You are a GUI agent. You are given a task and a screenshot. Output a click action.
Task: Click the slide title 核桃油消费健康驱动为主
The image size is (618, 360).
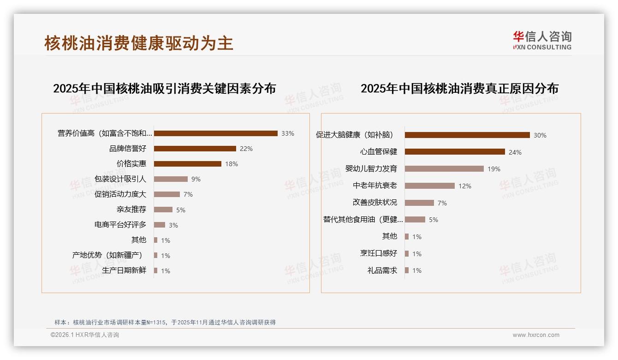pos(139,43)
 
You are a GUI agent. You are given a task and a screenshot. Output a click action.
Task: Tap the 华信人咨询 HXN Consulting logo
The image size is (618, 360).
pos(542,41)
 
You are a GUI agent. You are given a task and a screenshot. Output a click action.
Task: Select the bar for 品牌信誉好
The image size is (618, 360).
pos(195,149)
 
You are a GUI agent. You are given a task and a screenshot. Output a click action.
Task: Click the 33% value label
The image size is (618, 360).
pos(287,133)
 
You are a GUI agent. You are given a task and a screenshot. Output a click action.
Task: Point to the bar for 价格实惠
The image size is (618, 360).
pos(187,164)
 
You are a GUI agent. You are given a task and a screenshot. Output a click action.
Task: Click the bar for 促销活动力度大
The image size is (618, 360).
pos(166,194)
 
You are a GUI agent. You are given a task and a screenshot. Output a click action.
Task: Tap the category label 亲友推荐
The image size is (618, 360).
pos(131,210)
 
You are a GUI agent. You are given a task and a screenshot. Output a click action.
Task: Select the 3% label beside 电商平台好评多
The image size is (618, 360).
pos(173,225)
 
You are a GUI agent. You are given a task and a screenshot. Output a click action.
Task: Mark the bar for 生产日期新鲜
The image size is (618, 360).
pos(155,270)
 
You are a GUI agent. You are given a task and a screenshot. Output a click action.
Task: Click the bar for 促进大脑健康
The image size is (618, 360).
pos(467,135)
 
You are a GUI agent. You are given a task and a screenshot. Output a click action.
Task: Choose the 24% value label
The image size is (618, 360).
pos(515,152)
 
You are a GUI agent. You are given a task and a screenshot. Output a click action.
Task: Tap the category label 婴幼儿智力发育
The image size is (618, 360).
pos(371,169)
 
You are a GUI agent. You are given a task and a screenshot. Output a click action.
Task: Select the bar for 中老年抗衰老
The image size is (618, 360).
pos(429,186)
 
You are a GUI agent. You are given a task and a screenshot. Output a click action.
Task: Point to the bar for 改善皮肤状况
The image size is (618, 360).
pos(419,203)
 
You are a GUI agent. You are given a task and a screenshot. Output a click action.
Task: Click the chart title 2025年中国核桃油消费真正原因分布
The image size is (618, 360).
pos(459,89)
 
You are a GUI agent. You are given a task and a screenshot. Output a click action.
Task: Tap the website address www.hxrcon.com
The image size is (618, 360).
pos(536,335)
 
